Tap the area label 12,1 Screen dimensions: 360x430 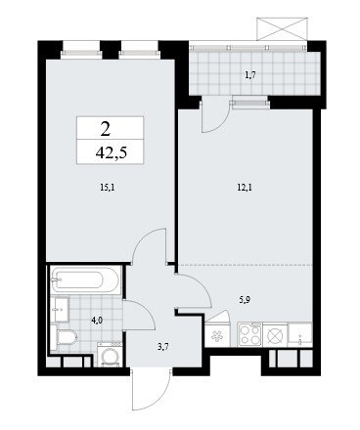pyautogui.click(x=246, y=188)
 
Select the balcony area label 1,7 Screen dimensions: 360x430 pyautogui.click(x=250, y=75)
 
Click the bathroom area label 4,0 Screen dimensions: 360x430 pyautogui.click(x=97, y=321)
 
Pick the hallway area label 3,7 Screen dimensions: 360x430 pyautogui.click(x=162, y=347)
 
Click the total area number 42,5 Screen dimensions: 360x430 pyautogui.click(x=111, y=152)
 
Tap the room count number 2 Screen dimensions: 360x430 pyautogui.click(x=106, y=130)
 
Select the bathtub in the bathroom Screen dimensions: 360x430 pyautogui.click(x=86, y=280)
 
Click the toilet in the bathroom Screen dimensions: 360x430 pyautogui.click(x=64, y=338)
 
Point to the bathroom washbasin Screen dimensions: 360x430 pyautogui.click(x=60, y=310)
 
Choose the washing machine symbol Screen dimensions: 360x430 pyautogui.click(x=110, y=355)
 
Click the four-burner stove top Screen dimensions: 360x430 pyautogui.click(x=250, y=335)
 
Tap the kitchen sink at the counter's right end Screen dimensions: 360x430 pyautogui.click(x=300, y=335)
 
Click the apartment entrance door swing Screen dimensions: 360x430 pyautogui.click(x=151, y=390)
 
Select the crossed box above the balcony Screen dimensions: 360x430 pyautogui.click(x=282, y=28)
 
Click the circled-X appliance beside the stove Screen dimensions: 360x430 pyautogui.click(x=275, y=335)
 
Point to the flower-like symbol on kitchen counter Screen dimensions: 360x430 pyautogui.click(x=217, y=335)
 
